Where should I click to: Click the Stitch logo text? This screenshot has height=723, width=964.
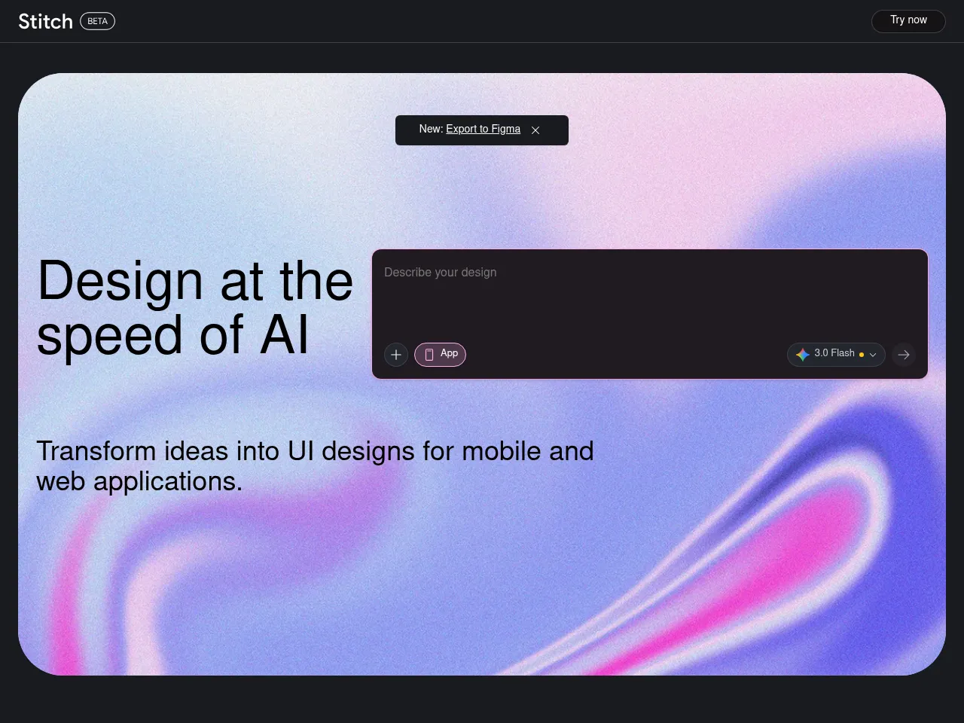click(46, 22)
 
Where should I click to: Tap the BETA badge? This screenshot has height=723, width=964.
click(97, 21)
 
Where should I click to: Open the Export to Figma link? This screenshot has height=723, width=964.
click(483, 129)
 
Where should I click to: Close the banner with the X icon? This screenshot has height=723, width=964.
click(535, 130)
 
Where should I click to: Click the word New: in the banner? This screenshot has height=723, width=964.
click(431, 129)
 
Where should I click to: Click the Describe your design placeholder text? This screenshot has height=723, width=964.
click(441, 273)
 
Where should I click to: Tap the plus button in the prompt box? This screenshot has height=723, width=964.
click(396, 355)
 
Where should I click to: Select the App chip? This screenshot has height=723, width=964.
click(440, 354)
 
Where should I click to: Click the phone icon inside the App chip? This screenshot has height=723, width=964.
click(429, 355)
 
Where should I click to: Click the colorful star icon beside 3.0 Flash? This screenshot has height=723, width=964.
click(802, 355)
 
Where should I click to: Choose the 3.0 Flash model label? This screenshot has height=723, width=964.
click(834, 353)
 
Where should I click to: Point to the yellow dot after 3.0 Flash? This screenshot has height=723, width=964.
click(862, 355)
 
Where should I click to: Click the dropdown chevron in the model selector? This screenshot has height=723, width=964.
click(873, 355)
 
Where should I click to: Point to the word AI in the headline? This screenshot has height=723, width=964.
click(284, 335)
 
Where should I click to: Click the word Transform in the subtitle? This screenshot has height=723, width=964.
click(96, 451)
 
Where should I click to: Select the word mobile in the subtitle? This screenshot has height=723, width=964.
click(501, 451)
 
